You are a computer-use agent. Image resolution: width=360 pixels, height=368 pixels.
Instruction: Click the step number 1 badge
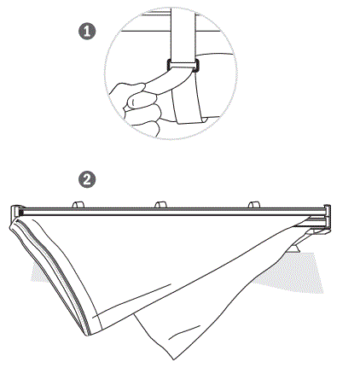tap(86, 32)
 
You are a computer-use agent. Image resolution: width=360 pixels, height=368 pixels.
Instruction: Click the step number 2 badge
tap(86, 179)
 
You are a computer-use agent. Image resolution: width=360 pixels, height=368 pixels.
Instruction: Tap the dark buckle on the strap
tap(182, 66)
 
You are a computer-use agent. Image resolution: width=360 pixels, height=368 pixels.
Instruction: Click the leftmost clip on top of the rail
tap(79, 202)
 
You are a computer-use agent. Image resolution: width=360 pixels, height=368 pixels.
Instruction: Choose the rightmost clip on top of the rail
tap(253, 202)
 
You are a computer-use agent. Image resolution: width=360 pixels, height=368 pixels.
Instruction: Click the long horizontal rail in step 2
tap(171, 210)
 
